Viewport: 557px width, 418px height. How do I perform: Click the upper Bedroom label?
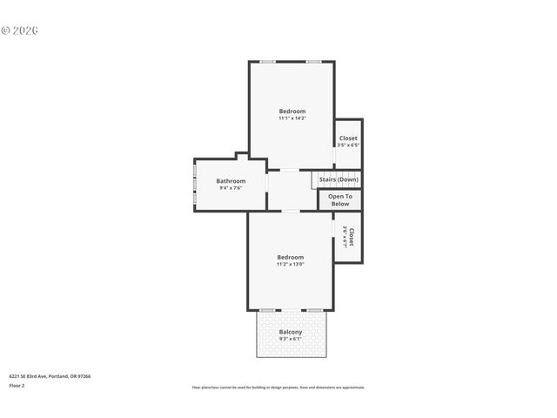click(x=292, y=111)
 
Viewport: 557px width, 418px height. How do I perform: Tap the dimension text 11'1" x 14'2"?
click(x=292, y=118)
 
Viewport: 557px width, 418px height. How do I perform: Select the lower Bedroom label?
click(x=290, y=257)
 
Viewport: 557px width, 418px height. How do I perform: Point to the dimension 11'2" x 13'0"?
click(x=290, y=264)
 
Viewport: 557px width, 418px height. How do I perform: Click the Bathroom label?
click(x=231, y=180)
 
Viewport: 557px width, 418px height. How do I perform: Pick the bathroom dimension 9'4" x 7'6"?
click(x=231, y=187)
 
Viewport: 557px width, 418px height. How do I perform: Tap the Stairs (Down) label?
click(x=338, y=179)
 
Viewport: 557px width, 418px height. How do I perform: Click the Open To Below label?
click(x=339, y=200)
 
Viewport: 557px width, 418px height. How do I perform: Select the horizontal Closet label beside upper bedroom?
click(x=348, y=138)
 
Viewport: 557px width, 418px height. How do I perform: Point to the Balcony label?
click(x=291, y=332)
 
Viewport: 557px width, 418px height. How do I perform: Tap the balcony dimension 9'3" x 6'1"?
click(x=291, y=339)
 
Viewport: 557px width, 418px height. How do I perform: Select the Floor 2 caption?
click(x=17, y=385)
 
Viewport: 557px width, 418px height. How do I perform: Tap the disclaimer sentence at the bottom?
click(x=278, y=388)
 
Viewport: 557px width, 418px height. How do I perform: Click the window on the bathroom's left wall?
click(x=195, y=184)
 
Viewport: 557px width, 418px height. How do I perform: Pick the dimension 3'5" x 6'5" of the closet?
click(x=348, y=145)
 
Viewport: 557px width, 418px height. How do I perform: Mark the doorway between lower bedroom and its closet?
click(x=333, y=237)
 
